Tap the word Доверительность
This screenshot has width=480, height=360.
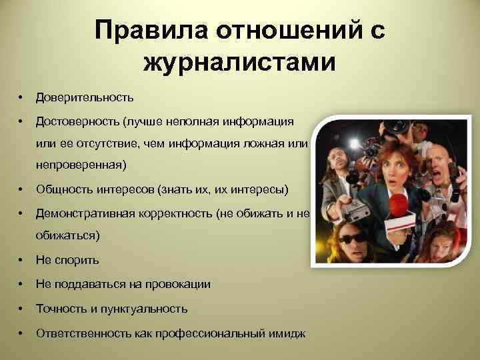[x=85, y=97]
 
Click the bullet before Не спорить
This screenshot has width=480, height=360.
[x=23, y=259]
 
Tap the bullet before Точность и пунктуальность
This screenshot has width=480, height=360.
[x=23, y=309]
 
